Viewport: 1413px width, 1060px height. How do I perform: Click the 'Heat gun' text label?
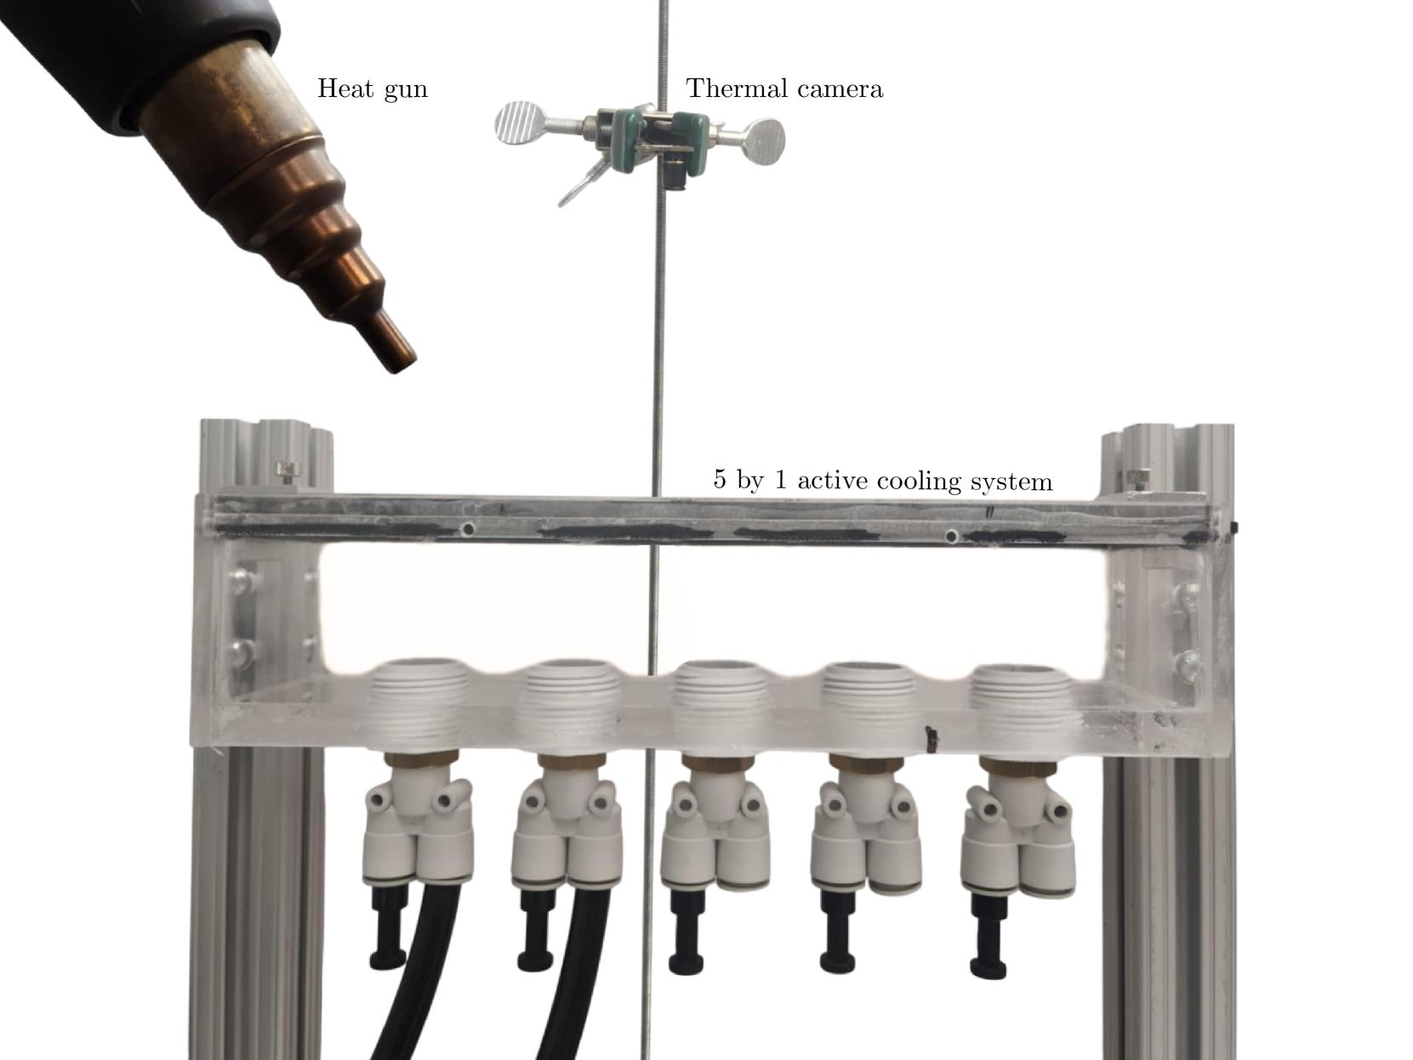tap(372, 88)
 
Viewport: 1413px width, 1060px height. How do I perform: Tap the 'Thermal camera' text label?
tap(783, 88)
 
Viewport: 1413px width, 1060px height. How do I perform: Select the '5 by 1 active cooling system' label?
tap(882, 481)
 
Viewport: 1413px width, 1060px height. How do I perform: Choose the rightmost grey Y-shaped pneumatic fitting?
tap(1016, 842)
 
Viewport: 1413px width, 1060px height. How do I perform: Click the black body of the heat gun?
tap(128, 51)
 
